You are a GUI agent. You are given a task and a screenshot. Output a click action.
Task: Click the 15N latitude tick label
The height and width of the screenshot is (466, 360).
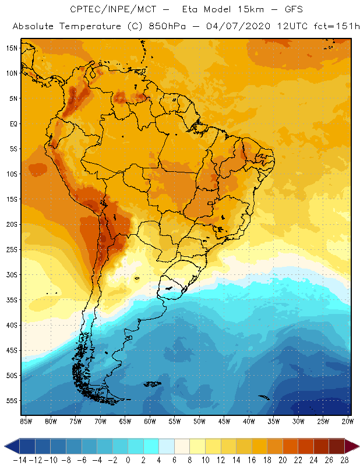click(x=11, y=48)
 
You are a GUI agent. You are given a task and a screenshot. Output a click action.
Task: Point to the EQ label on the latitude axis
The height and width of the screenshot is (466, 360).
click(x=12, y=123)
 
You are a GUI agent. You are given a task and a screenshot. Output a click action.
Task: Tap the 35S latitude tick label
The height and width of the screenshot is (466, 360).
click(x=11, y=300)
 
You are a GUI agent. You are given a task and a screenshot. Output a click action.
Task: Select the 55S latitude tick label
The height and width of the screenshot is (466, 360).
click(x=11, y=401)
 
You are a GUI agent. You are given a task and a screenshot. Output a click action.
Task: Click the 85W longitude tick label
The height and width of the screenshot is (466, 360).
click(x=26, y=421)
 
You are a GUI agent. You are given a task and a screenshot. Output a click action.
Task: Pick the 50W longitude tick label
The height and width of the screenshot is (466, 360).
click(x=199, y=421)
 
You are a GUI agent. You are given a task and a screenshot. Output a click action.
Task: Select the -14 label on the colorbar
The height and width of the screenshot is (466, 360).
click(x=19, y=460)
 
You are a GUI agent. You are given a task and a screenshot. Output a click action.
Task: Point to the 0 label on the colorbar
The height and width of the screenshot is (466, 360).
click(x=128, y=460)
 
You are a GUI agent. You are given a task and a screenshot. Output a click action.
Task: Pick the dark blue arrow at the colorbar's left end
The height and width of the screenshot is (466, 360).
click(x=9, y=446)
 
